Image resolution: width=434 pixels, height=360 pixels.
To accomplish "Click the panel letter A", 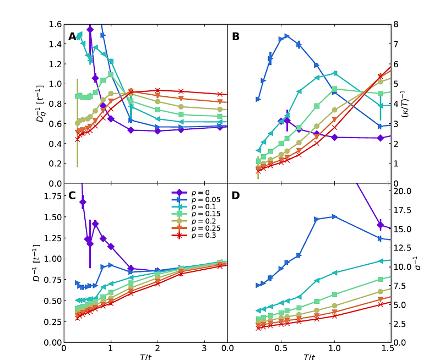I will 72,37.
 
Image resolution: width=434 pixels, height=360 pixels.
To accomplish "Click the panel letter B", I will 236,37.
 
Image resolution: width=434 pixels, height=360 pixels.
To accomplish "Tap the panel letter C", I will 72,195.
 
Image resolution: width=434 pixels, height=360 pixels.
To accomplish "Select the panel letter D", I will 236,195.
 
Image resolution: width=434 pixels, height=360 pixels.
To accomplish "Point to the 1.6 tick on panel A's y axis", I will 56,24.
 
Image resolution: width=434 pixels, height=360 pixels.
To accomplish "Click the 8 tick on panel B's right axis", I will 396,24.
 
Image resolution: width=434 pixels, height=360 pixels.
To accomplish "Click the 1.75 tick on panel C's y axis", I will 53,196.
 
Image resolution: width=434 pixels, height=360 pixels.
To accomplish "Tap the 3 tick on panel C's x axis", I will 205,349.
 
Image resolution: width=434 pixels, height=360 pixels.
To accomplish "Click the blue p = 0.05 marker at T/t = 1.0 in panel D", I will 334,216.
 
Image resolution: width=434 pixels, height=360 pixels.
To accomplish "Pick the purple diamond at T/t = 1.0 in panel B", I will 334,137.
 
